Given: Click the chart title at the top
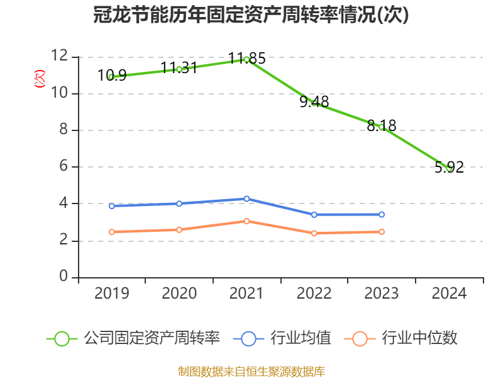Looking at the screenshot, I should point(251,15).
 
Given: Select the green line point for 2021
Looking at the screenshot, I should point(246,59).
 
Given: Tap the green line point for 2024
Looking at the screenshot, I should point(449,168).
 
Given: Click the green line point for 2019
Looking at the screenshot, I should point(111,77).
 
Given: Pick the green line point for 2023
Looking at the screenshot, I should point(382,127).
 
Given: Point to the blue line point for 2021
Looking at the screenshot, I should point(246,198).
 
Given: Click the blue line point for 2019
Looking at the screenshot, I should point(111,206).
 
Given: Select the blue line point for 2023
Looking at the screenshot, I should point(382,214).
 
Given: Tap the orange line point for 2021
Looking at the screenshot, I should point(246,221).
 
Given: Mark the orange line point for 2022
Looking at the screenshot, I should point(314,233).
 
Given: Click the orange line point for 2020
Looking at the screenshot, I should point(179,230).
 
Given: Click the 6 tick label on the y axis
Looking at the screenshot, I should point(63,167).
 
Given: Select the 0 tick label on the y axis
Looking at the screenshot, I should point(63,277).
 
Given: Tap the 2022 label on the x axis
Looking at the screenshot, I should point(314,294).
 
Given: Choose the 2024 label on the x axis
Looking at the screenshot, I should point(449,294).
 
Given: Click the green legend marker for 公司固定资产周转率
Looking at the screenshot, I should point(62,338).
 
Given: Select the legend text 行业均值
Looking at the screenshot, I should point(301,338).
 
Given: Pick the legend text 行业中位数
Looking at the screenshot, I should point(420,338).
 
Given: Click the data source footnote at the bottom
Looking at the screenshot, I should point(251,371).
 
